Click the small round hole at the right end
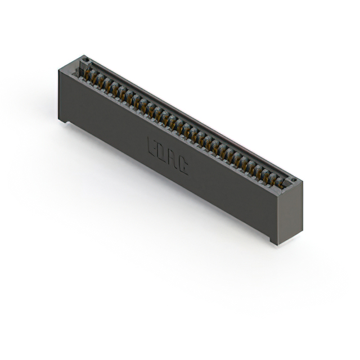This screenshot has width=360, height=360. pyautogui.click(x=292, y=180)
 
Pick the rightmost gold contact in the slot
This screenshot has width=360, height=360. pyautogui.click(x=280, y=181)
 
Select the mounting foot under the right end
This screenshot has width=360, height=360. pyautogui.click(x=274, y=241)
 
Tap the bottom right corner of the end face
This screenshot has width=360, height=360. pyautogui.click(x=301, y=232)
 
